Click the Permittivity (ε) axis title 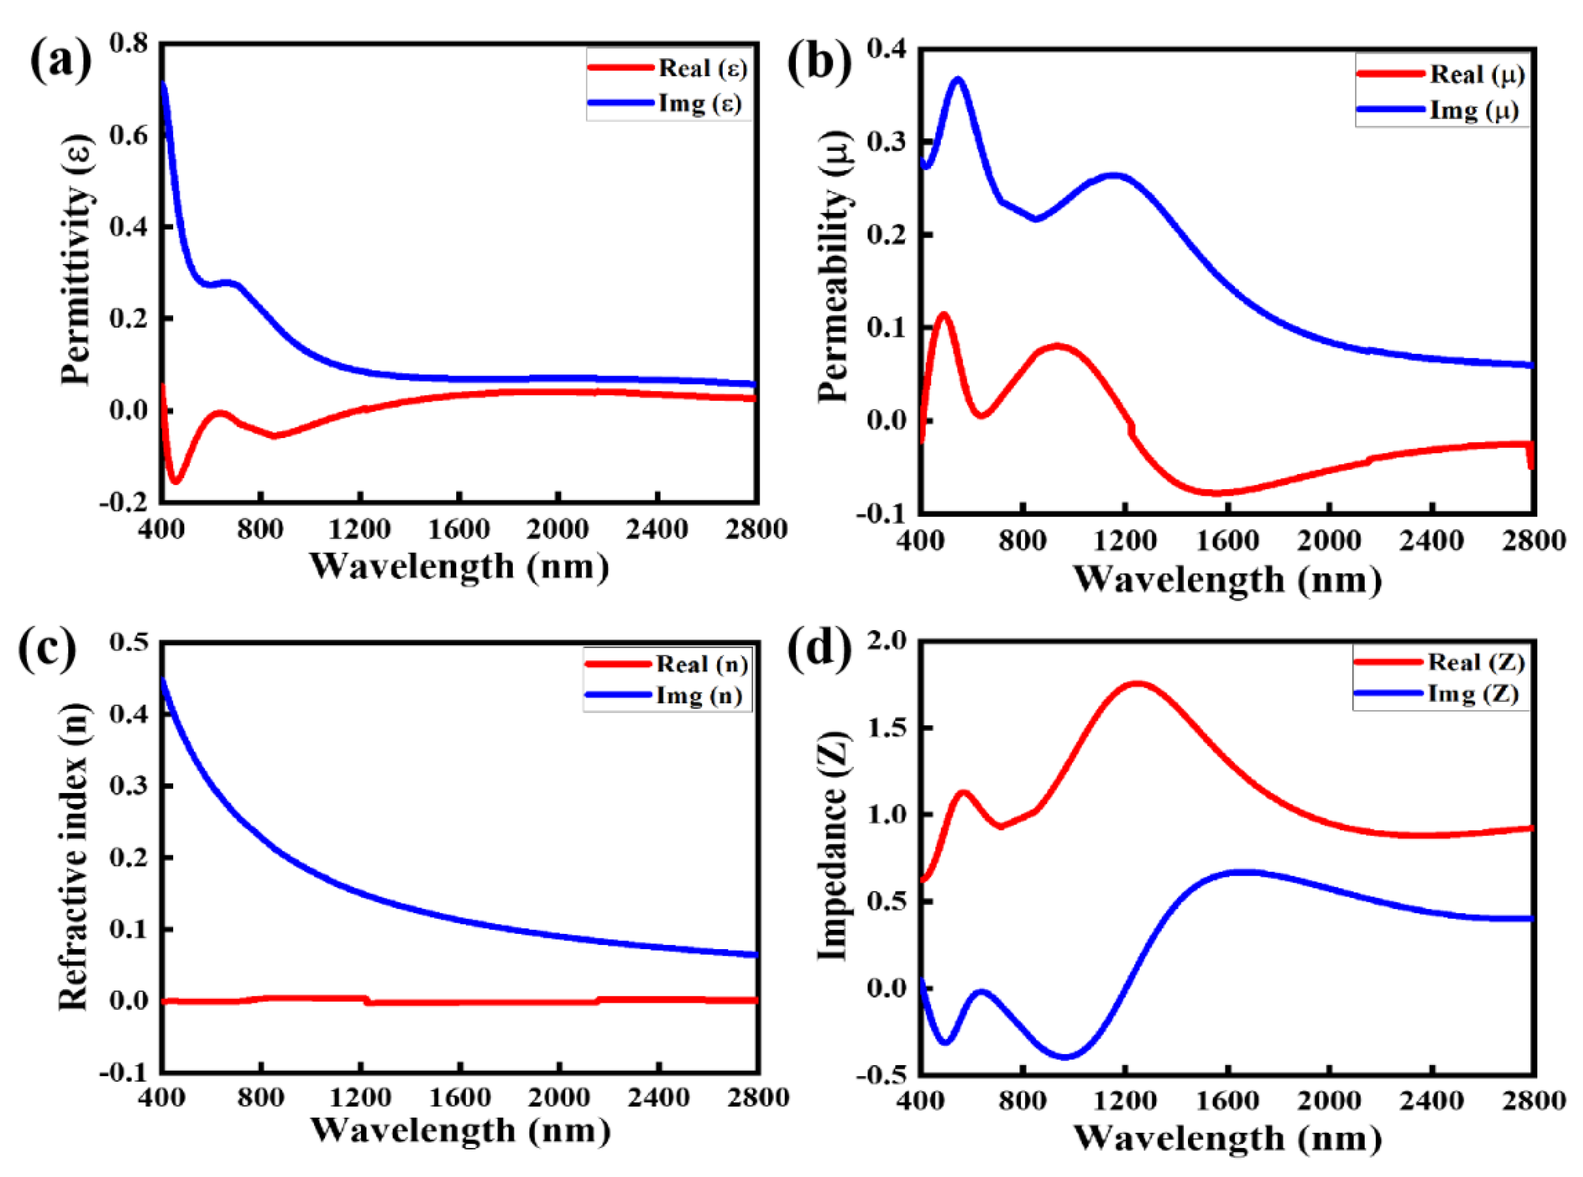(77, 260)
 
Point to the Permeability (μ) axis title (834, 267)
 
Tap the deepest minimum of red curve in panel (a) (175, 481)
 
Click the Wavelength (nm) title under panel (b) (1227, 580)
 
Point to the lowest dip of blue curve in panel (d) (1064, 1056)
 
